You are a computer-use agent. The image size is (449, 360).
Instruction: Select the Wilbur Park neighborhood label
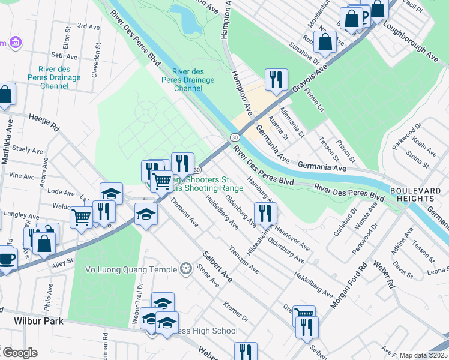tap(38, 321)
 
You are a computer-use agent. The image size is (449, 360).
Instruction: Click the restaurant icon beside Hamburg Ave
tap(265, 212)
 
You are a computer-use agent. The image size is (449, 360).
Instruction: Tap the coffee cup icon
tap(6, 259)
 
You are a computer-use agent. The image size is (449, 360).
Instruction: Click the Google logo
tap(20, 353)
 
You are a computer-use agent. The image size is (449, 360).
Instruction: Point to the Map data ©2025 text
tap(423, 355)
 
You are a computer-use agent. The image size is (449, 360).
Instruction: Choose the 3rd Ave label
tap(88, 26)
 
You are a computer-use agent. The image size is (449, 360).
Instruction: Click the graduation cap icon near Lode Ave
tap(111, 193)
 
